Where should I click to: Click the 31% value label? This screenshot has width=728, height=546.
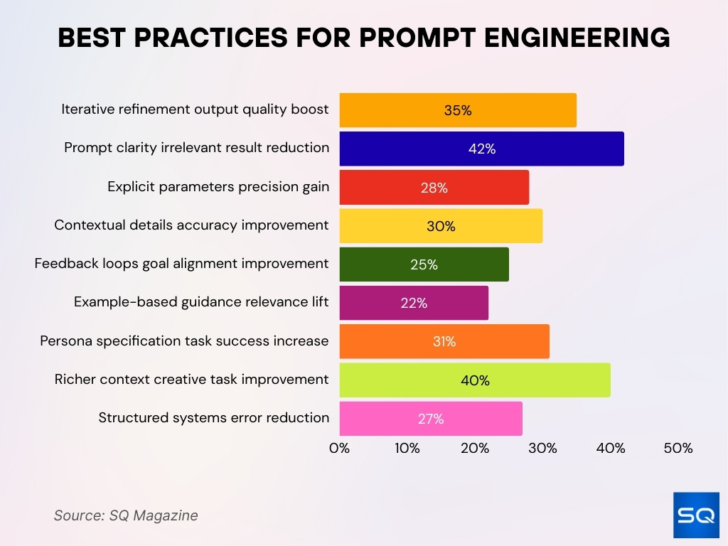tap(444, 342)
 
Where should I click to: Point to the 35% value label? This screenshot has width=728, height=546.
tap(458, 110)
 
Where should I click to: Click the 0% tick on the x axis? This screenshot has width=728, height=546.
tap(340, 449)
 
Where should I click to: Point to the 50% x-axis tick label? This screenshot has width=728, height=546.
tap(678, 449)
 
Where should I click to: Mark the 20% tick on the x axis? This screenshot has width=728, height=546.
tap(475, 449)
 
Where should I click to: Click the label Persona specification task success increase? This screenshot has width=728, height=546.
tap(184, 341)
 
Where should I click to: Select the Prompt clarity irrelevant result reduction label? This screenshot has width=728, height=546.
tap(196, 148)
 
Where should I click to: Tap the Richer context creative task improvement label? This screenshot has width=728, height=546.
tap(191, 380)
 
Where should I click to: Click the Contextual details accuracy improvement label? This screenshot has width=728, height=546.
tap(191, 225)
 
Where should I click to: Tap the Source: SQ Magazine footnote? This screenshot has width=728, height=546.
tap(126, 515)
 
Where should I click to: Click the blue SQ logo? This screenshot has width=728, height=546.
tap(695, 514)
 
